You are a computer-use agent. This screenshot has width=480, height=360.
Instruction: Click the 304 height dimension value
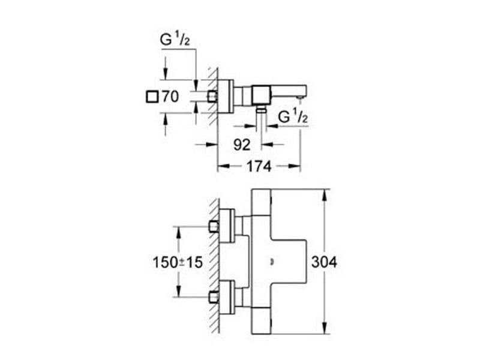tap(324, 262)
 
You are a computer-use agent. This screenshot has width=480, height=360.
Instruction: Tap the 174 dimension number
tap(259, 167)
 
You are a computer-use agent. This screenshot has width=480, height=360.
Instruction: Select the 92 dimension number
tap(242, 145)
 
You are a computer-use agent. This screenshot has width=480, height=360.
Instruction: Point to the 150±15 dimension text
tap(178, 262)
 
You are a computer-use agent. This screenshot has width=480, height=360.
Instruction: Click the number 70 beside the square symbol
tap(170, 97)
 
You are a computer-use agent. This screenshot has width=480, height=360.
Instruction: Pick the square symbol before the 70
tap(152, 97)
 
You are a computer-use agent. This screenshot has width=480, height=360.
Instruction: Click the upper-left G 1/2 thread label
tap(175, 40)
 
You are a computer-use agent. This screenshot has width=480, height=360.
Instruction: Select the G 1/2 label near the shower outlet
tap(293, 117)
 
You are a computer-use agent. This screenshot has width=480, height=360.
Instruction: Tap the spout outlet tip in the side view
tap(299, 97)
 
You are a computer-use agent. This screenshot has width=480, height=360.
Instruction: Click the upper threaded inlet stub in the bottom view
tap(214, 227)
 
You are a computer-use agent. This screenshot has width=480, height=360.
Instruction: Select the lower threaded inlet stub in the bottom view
tap(214, 296)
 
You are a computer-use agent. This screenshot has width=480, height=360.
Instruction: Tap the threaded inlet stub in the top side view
tap(212, 97)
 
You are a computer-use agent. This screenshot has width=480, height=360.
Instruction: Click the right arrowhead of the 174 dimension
tap(295, 166)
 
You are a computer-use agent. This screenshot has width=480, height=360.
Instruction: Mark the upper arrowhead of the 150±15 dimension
tap(178, 232)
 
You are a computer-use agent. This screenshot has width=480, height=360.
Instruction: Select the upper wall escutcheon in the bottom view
tap(227, 226)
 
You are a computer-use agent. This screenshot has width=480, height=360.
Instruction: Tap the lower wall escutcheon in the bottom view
tap(227, 296)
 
